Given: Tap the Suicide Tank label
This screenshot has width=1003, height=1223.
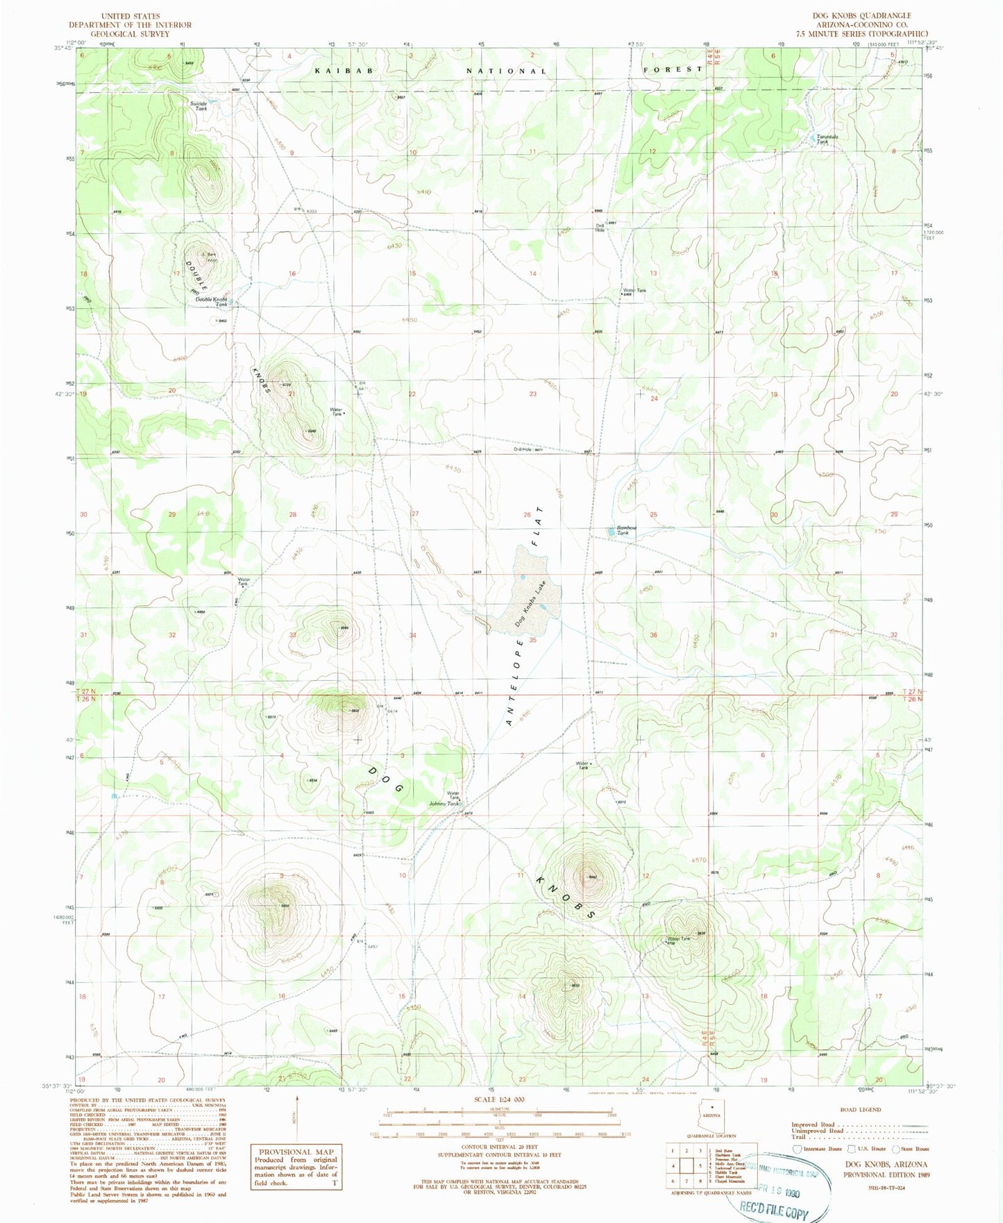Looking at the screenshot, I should coord(199,106).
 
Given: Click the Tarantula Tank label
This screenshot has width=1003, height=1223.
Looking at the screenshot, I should coord(827,138).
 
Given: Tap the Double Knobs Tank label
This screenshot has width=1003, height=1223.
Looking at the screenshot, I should coord(211,302).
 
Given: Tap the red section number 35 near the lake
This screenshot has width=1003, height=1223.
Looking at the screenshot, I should coord(533,640).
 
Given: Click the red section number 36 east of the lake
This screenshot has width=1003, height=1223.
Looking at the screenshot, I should coord(653,635).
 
